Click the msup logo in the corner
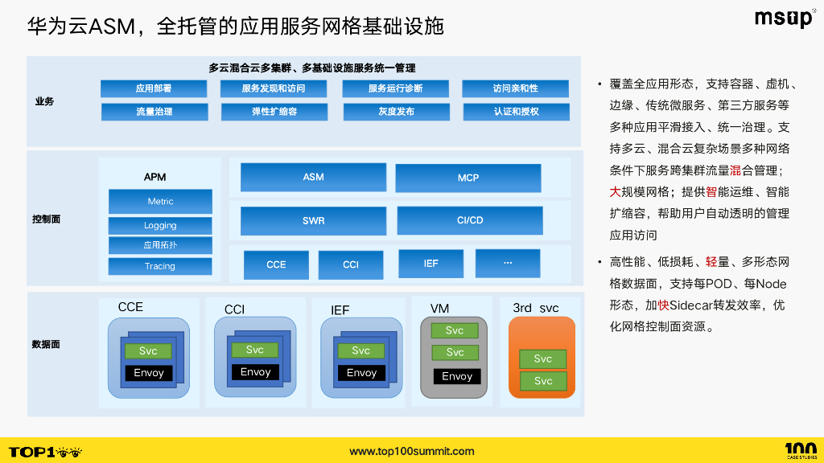pos(784,18)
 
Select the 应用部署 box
pos(153,88)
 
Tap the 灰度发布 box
pos(395,112)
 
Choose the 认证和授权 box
pos(516,112)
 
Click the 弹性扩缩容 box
pos(274,112)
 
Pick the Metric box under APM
pos(160,201)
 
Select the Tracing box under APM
pos(160,266)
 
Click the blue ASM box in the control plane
pos(313,178)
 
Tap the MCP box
pos(468,178)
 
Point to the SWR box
pos(313,220)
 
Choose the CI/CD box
pos(470,220)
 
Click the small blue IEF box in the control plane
pos(431,264)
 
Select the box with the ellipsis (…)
pos(508,263)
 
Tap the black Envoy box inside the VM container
pos(457,376)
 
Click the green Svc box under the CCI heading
pos(255,350)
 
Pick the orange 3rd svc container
pos(542,357)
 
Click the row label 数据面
pos(46,344)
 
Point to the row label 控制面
pos(46,219)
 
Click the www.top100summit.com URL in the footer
pos(412,451)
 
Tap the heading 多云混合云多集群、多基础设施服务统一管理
pos(312,68)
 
